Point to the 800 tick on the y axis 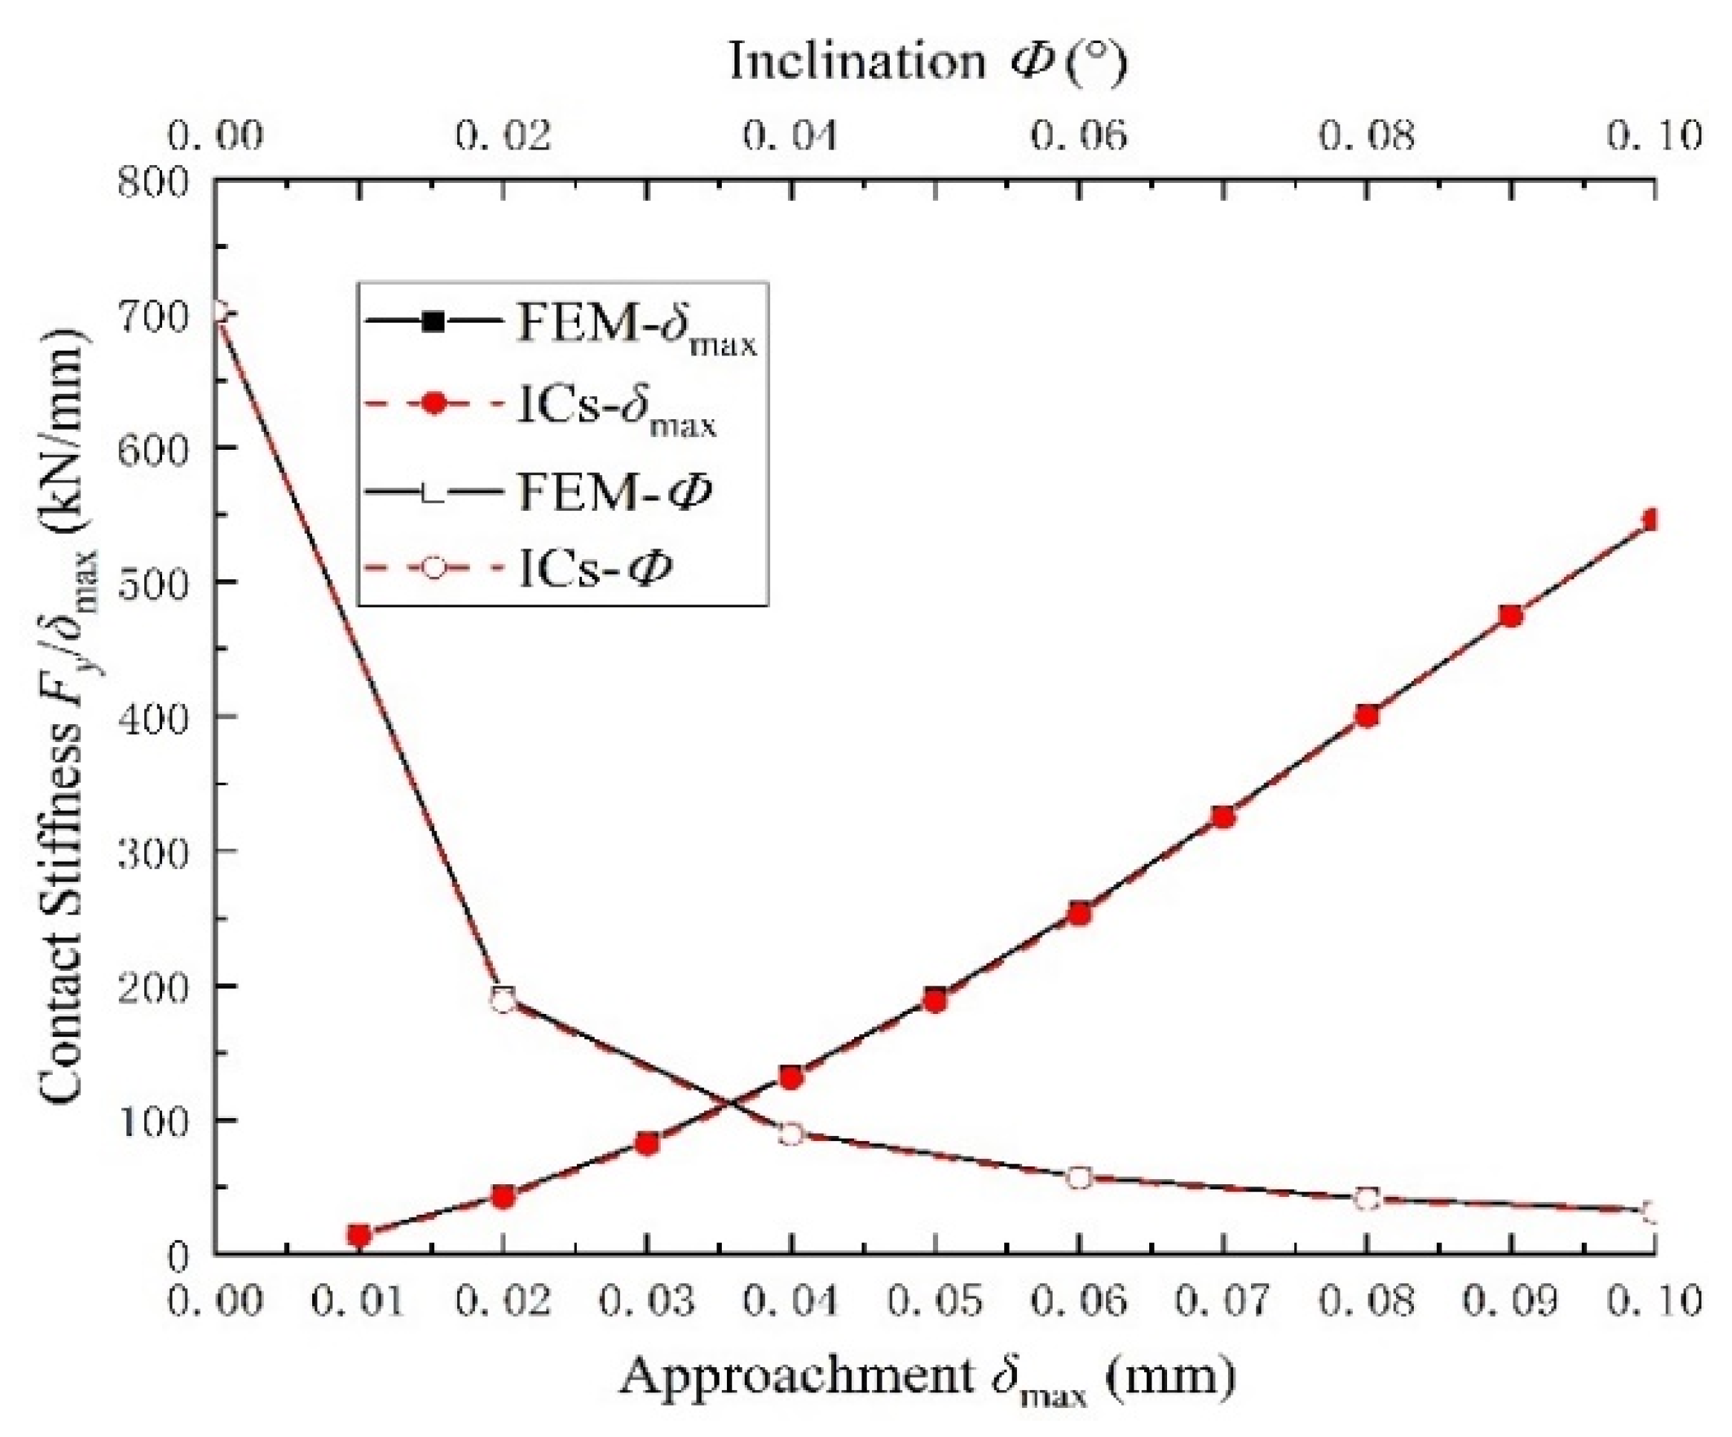coord(165,180)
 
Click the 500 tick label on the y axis coord(165,582)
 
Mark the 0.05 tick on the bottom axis coord(934,1302)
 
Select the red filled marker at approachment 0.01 coord(359,1235)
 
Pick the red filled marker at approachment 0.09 coord(1511,616)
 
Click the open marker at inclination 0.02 coord(503,1000)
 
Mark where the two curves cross coord(729,1101)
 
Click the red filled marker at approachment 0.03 coord(647,1143)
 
